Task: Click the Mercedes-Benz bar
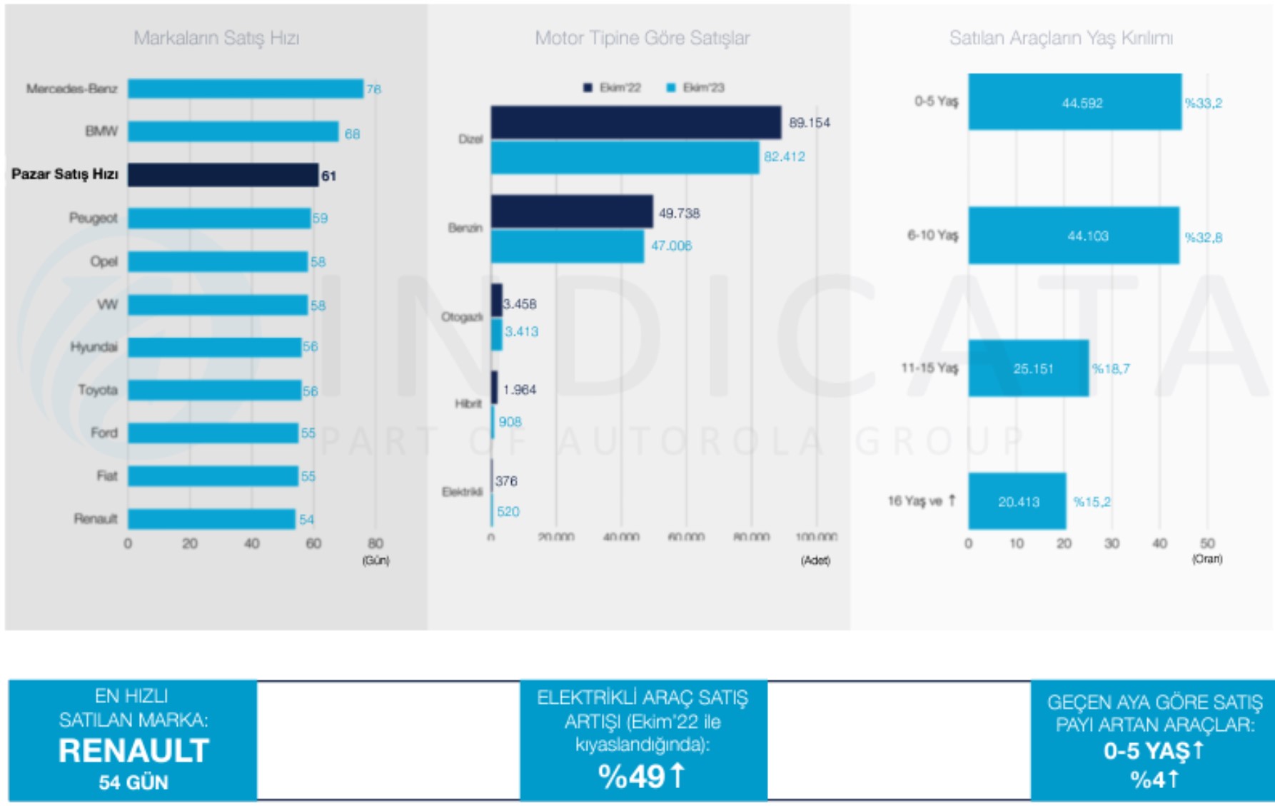click(245, 89)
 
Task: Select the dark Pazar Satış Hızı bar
click(223, 175)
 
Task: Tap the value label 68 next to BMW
click(352, 134)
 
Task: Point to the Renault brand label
click(96, 518)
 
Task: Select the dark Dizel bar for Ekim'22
click(635, 122)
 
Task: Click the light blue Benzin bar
click(568, 246)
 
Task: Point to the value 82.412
click(784, 156)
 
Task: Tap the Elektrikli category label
click(462, 492)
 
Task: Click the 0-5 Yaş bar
click(1074, 102)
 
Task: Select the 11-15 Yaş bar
click(1028, 368)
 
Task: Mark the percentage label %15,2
click(1092, 502)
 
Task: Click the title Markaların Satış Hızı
click(216, 38)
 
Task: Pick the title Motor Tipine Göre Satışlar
click(642, 38)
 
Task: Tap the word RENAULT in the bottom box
click(133, 750)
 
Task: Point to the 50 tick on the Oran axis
click(1206, 543)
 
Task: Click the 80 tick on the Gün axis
click(376, 543)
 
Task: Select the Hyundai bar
click(214, 347)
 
